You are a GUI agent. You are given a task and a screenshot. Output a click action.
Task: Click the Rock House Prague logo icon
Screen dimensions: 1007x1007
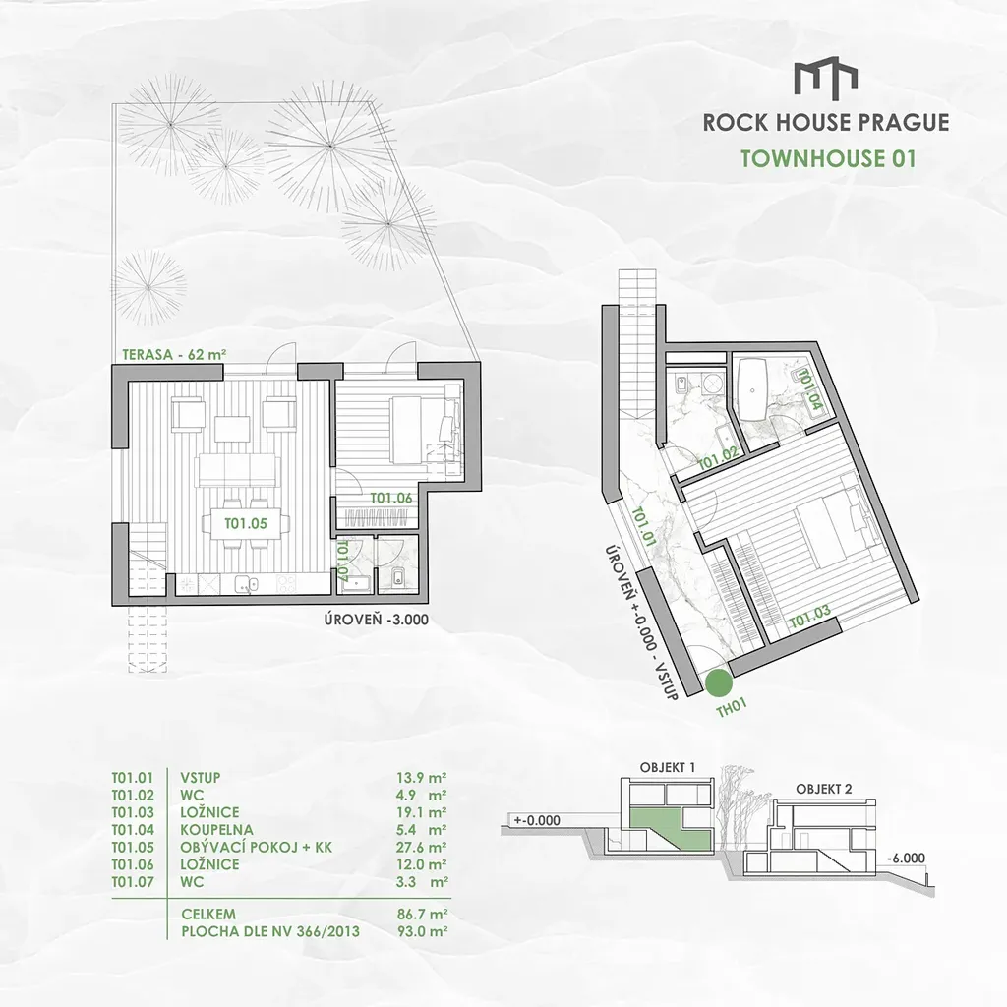pyautogui.click(x=825, y=82)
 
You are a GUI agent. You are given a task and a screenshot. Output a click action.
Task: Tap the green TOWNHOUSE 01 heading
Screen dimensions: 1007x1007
pyautogui.click(x=828, y=158)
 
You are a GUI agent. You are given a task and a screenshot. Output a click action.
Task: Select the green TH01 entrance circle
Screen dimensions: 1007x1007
pyautogui.click(x=717, y=683)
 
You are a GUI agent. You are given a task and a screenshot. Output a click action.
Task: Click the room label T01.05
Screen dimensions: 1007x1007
pyautogui.click(x=246, y=523)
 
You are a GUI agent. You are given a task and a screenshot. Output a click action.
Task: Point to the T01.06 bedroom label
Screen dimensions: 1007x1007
pyautogui.click(x=391, y=498)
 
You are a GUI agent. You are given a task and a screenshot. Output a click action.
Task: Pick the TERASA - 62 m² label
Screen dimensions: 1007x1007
pyautogui.click(x=175, y=354)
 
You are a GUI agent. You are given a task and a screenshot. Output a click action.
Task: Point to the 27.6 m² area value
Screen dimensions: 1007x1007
pyautogui.click(x=422, y=847)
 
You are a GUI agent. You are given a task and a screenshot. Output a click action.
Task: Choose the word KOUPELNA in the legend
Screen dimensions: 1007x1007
pyautogui.click(x=216, y=830)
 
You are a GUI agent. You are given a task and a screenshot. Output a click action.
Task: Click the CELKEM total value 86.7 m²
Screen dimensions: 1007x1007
pyautogui.click(x=422, y=914)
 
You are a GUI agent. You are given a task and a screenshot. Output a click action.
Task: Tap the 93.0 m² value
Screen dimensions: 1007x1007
pyautogui.click(x=422, y=931)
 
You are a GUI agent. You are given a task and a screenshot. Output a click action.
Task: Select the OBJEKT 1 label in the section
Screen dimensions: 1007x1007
pyautogui.click(x=668, y=767)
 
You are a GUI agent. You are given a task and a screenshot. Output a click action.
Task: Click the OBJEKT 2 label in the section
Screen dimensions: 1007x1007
pyautogui.click(x=824, y=789)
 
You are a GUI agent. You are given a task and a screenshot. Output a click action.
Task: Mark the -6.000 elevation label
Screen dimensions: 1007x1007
pyautogui.click(x=907, y=859)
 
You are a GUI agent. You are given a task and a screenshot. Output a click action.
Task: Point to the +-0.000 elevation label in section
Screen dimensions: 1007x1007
pyautogui.click(x=537, y=820)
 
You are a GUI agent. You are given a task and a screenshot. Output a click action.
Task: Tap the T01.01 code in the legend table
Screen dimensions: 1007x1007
pyautogui.click(x=133, y=778)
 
